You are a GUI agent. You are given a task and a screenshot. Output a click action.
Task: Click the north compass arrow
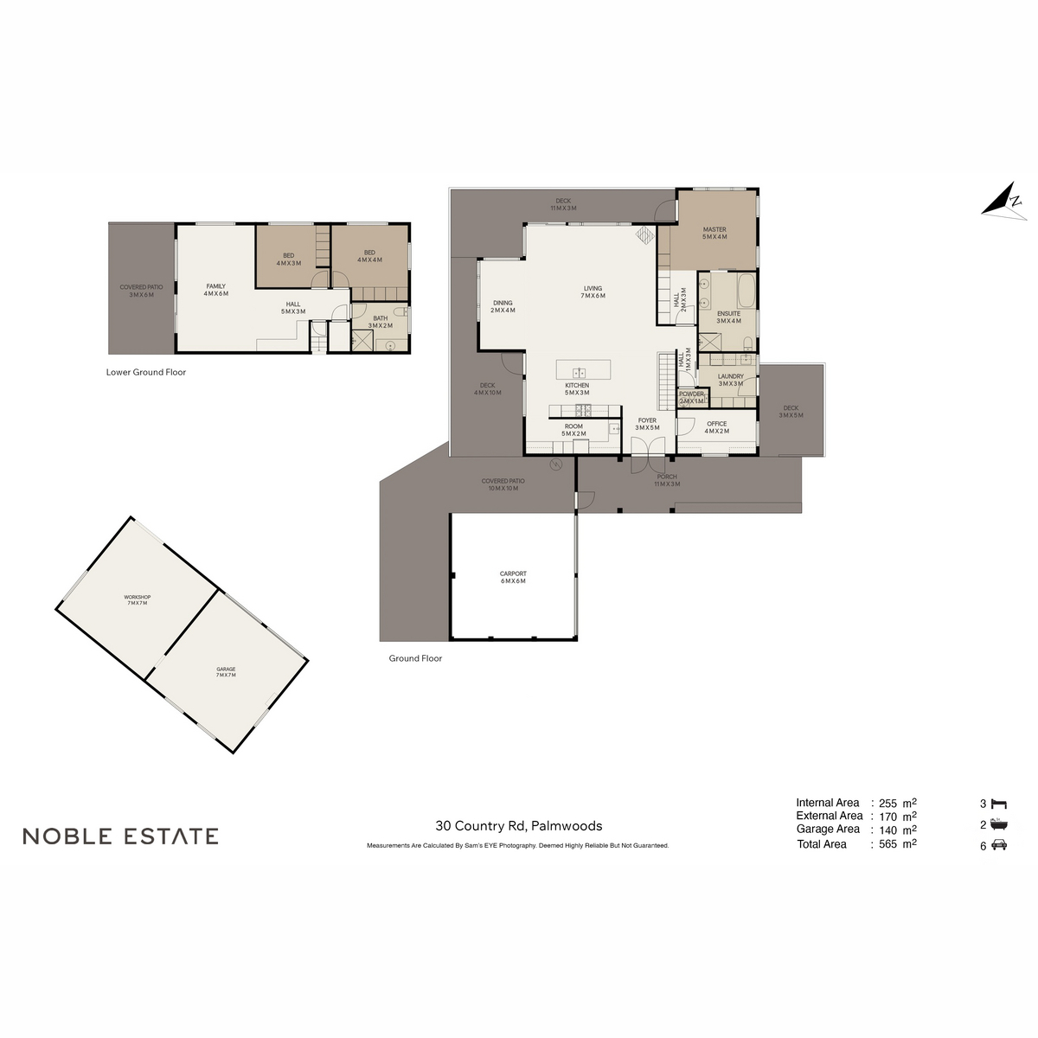click(1003, 200)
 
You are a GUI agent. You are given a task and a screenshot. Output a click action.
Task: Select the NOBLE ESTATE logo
click(120, 836)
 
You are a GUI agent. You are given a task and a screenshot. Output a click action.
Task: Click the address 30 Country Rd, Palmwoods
click(519, 826)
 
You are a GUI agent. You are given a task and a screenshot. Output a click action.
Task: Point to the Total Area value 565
click(887, 844)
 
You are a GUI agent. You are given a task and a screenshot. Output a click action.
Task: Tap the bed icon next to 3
click(999, 804)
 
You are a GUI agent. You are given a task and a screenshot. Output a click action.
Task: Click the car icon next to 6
click(999, 846)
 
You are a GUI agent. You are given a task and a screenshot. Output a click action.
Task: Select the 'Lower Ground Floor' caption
click(146, 373)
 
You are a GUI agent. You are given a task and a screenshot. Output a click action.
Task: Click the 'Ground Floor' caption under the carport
click(415, 658)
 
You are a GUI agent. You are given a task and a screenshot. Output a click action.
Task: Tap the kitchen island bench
click(584, 370)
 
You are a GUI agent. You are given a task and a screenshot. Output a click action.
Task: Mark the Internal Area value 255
click(887, 803)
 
